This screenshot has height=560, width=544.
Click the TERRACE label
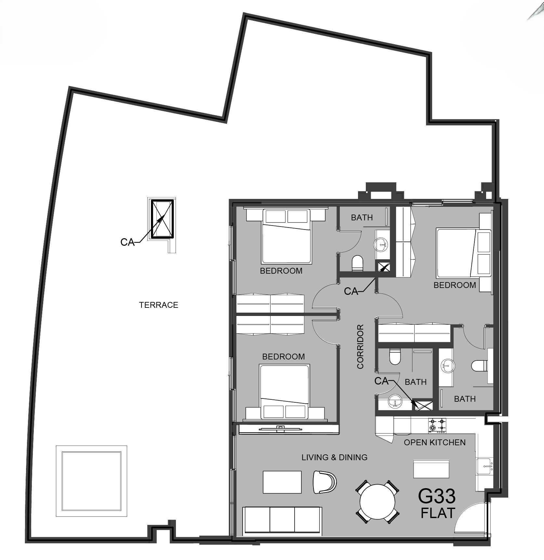click(159, 305)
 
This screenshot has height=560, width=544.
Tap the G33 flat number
click(437, 496)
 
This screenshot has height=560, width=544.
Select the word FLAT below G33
click(438, 513)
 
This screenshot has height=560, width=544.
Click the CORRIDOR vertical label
click(360, 346)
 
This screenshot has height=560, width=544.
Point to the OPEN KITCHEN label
click(434, 442)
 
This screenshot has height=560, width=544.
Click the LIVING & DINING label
click(334, 457)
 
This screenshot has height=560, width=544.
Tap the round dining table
click(377, 501)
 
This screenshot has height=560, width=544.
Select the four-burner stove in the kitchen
click(437, 425)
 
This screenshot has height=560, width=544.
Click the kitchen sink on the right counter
click(484, 467)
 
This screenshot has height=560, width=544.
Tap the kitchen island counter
click(431, 469)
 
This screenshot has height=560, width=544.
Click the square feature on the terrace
click(91, 481)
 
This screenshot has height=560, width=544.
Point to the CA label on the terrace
click(127, 242)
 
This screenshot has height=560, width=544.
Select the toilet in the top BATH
click(357, 263)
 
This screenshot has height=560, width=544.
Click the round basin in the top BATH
click(381, 244)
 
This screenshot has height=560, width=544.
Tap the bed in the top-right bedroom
click(463, 253)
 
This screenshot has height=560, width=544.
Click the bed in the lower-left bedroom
click(285, 391)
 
